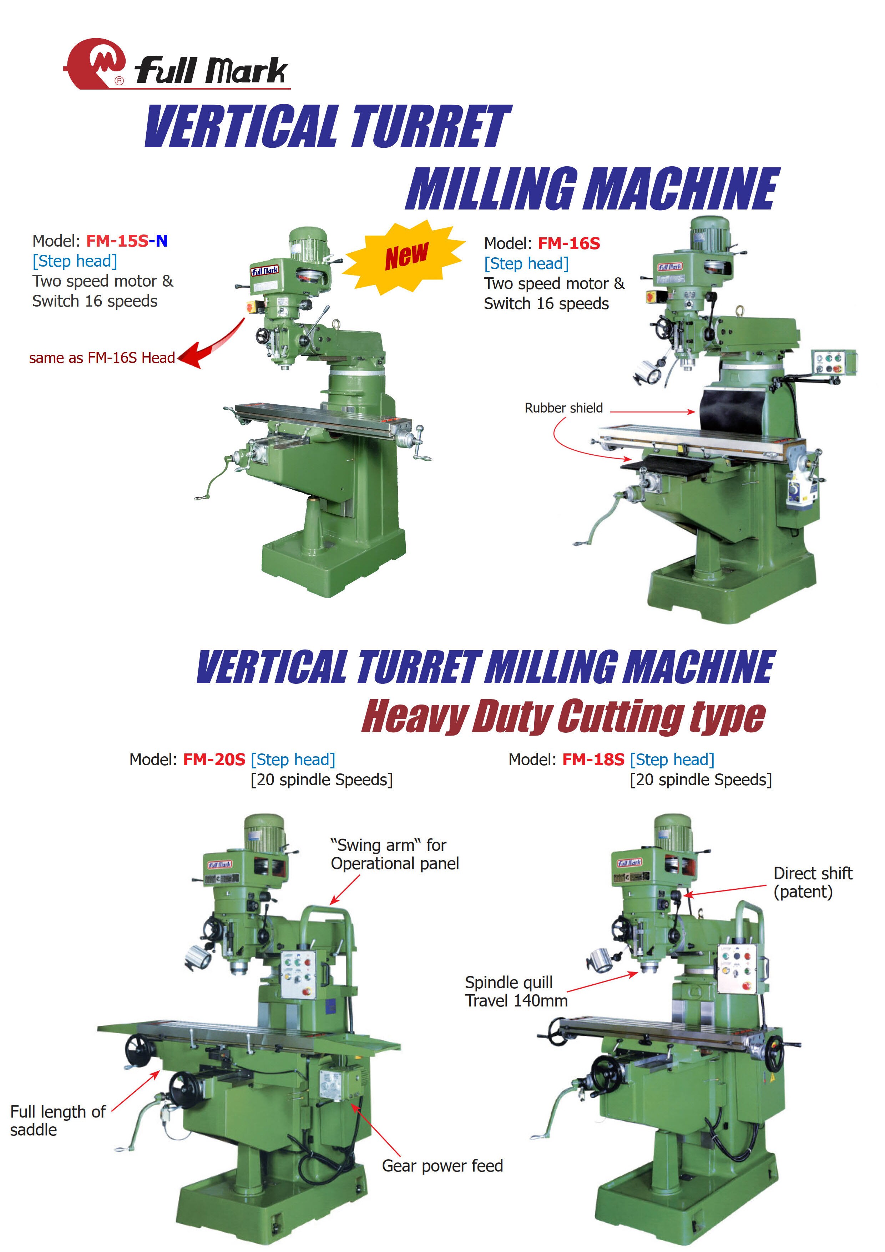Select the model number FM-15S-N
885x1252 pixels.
127,241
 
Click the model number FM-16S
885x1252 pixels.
569,244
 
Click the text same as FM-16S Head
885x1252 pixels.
102,358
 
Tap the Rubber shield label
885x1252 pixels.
563,408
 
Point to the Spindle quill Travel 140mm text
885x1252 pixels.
515,991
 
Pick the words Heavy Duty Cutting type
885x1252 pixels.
563,716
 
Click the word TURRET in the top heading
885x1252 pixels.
431,126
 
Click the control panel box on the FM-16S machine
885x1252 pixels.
832,362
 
